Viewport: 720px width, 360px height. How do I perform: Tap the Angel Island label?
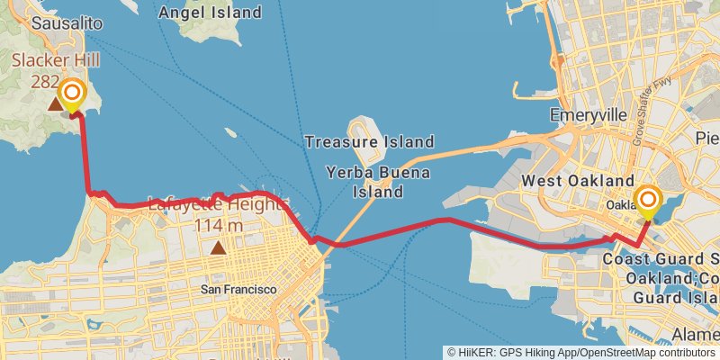point(209,13)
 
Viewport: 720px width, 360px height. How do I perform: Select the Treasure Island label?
point(369,141)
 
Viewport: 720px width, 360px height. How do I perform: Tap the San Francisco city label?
point(238,289)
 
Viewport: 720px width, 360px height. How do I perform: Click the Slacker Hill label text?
point(55,60)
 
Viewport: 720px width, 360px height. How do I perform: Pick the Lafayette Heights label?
point(217,204)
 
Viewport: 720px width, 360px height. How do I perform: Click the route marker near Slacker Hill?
point(71,94)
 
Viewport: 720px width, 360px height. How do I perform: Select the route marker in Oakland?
point(647,201)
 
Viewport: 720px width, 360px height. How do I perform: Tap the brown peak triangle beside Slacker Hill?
point(56,105)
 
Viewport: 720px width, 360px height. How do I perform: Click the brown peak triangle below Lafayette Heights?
point(217,247)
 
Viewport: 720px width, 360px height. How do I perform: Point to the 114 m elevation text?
point(218,224)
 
